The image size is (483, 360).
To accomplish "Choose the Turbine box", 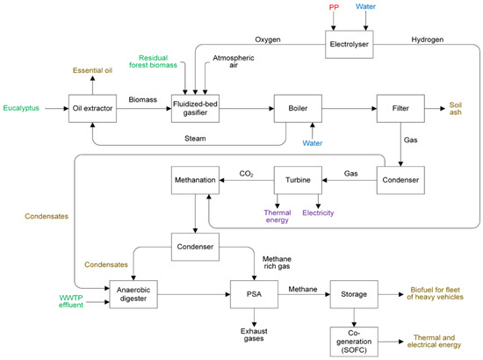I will click(x=296, y=180).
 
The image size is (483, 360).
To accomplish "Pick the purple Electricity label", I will click(x=318, y=212).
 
